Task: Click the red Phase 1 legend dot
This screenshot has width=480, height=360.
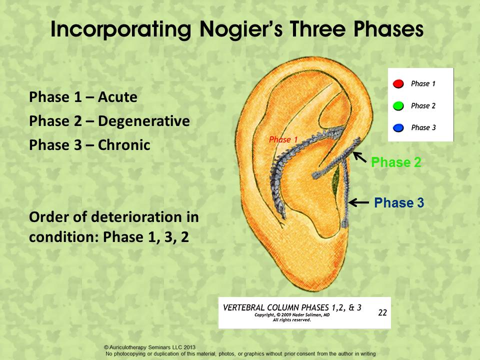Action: click(x=398, y=83)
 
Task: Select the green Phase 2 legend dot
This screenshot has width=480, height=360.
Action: click(x=398, y=106)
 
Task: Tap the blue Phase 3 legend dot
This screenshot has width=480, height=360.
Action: click(x=398, y=127)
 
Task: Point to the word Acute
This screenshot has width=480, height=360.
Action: click(x=117, y=97)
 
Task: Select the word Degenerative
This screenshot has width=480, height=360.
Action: click(x=144, y=121)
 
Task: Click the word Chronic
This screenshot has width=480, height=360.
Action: click(x=124, y=145)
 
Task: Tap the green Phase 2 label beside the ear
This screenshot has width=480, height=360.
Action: click(x=396, y=162)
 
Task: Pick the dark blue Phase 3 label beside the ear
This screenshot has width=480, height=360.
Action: click(x=399, y=202)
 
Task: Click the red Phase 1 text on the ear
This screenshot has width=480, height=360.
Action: click(x=283, y=139)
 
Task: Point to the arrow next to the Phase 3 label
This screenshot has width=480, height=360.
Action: click(x=359, y=202)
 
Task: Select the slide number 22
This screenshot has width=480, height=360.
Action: click(x=382, y=312)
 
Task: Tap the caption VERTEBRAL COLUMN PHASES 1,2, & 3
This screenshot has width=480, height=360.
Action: click(x=292, y=307)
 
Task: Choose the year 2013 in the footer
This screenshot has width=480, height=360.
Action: click(x=189, y=347)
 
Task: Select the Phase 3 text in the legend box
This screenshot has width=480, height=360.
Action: click(x=423, y=127)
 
